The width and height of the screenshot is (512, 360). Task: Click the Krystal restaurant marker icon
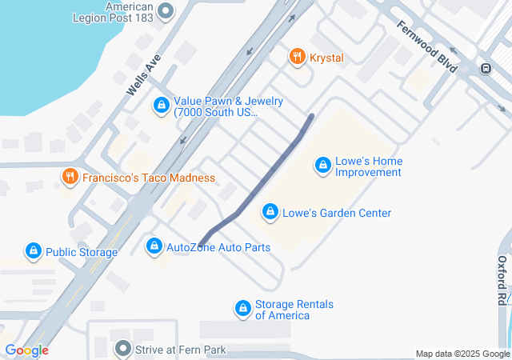(x=298, y=57)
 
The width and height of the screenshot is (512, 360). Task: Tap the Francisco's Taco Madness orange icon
(x=70, y=177)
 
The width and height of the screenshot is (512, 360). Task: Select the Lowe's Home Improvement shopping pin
(x=323, y=166)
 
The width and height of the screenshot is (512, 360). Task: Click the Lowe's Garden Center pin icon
(x=269, y=213)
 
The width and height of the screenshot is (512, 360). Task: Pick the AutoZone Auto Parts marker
(x=154, y=246)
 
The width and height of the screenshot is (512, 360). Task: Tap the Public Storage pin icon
(x=33, y=252)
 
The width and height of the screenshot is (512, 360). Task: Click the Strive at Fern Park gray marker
(x=122, y=349)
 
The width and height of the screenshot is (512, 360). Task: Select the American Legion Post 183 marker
(x=166, y=11)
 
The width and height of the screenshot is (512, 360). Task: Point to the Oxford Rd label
(x=502, y=281)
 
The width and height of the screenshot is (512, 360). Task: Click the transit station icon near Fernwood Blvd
(x=486, y=69)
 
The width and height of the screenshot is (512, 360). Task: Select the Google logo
(x=26, y=350)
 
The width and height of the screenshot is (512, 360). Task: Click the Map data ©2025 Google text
(x=462, y=354)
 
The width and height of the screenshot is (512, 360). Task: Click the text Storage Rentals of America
(x=294, y=310)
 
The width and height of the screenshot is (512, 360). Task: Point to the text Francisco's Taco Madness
(x=149, y=177)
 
